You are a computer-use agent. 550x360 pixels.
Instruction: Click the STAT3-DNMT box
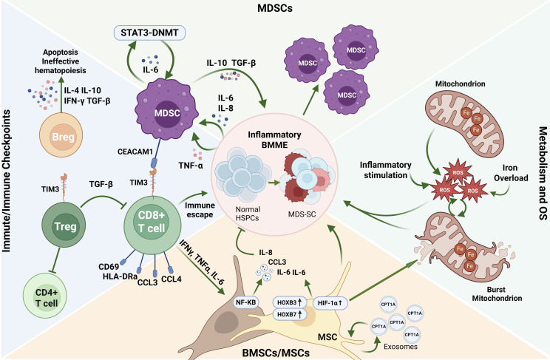(x=150, y=33)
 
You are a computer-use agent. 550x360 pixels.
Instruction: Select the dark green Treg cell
(x=64, y=225)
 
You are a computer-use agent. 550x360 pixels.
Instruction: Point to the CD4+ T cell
(x=45, y=296)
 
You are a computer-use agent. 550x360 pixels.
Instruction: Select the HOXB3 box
(x=290, y=302)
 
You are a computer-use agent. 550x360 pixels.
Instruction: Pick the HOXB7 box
(x=290, y=314)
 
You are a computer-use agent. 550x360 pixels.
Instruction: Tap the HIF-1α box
(x=330, y=303)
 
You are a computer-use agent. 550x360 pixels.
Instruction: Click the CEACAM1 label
(x=135, y=152)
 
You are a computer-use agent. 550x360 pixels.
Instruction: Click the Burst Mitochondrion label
(x=497, y=294)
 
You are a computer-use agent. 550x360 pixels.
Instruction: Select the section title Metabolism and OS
(x=543, y=173)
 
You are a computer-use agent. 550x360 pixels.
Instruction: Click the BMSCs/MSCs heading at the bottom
(x=276, y=353)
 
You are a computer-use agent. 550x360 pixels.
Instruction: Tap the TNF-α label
(x=191, y=166)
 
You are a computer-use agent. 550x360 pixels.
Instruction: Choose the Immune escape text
(x=200, y=210)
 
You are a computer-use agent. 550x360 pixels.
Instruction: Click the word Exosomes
(x=401, y=347)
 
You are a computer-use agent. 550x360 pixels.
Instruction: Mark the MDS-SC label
(x=302, y=214)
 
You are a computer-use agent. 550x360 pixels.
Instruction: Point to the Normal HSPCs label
(x=248, y=214)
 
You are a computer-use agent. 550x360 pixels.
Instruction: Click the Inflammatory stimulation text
(x=385, y=170)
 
